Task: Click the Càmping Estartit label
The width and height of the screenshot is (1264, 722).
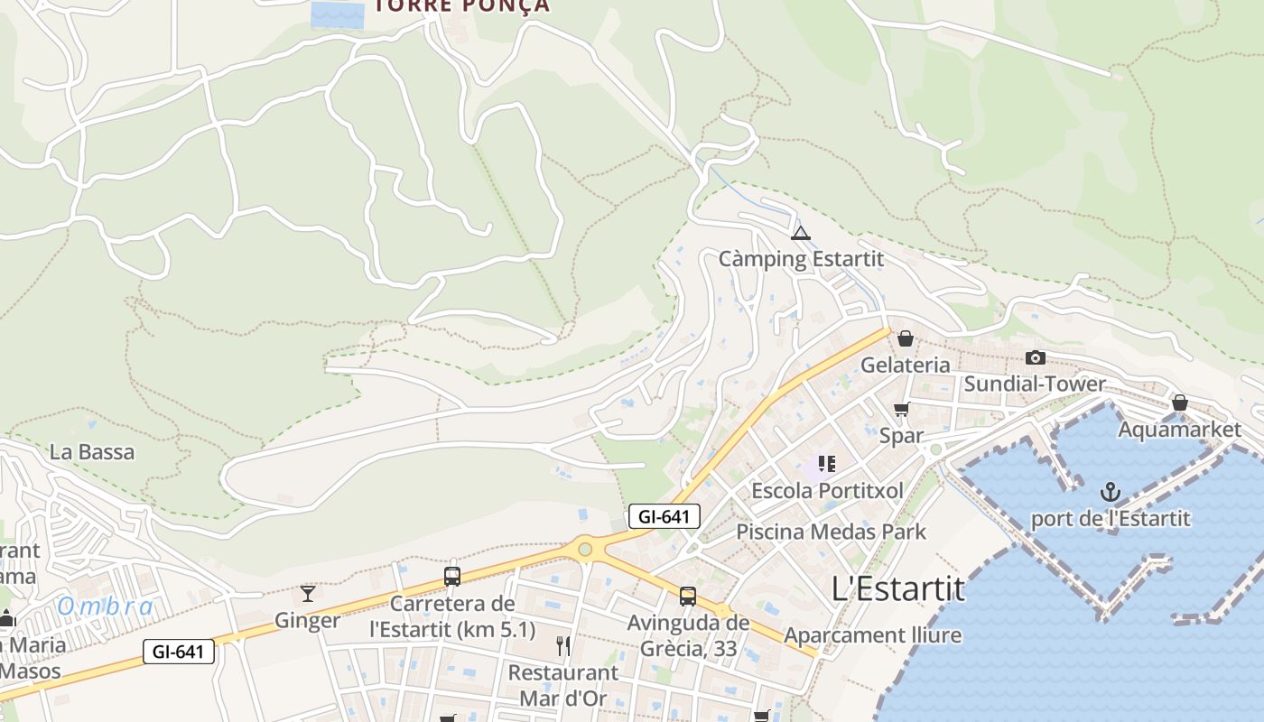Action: click(801, 259)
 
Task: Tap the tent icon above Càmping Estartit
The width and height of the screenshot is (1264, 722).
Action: click(800, 234)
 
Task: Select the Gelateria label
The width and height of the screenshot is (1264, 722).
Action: click(905, 365)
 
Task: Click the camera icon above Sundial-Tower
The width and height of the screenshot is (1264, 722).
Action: click(1035, 358)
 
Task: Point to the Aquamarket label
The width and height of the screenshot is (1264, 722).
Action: click(1179, 430)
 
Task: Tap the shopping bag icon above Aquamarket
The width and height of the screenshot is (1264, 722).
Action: click(1179, 403)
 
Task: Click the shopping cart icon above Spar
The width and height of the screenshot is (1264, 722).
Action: click(901, 410)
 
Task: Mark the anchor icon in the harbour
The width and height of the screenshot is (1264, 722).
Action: click(1110, 492)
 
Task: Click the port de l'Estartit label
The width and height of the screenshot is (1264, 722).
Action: click(1111, 519)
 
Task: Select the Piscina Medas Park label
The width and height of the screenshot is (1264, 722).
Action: click(831, 532)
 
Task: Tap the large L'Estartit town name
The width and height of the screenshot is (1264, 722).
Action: click(897, 589)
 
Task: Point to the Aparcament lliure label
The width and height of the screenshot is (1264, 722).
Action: click(872, 635)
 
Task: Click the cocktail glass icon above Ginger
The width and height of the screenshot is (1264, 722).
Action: click(308, 593)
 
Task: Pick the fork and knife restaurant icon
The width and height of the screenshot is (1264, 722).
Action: click(563, 645)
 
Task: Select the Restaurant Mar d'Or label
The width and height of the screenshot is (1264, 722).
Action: click(562, 685)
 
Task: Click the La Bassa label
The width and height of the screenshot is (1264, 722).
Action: click(92, 452)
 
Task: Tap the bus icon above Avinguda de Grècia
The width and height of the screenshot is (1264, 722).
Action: click(688, 597)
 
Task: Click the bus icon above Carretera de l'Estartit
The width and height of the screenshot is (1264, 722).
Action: click(452, 577)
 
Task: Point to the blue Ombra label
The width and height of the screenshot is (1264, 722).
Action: click(105, 606)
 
